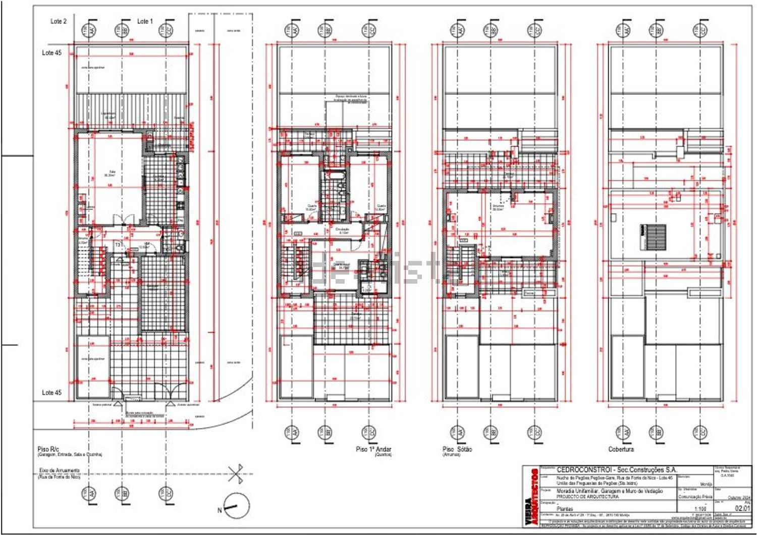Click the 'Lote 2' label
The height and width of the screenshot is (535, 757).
59,21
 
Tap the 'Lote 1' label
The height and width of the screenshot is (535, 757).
145,21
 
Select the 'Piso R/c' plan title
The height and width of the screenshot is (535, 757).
48,449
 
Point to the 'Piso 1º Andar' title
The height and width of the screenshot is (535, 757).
373,449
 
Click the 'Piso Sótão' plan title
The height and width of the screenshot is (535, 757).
457,449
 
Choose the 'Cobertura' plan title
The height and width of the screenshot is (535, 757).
621,449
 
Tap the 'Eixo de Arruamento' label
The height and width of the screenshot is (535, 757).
59,471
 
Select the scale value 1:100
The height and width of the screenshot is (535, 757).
700,509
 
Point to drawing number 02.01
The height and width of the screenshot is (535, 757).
742,508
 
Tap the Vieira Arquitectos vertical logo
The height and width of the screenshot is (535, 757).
531,497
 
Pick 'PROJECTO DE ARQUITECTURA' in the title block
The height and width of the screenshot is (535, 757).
587,497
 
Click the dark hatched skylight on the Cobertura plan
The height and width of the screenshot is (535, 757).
653,237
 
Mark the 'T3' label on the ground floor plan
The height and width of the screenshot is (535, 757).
118,245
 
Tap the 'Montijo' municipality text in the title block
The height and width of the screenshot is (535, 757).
706,484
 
